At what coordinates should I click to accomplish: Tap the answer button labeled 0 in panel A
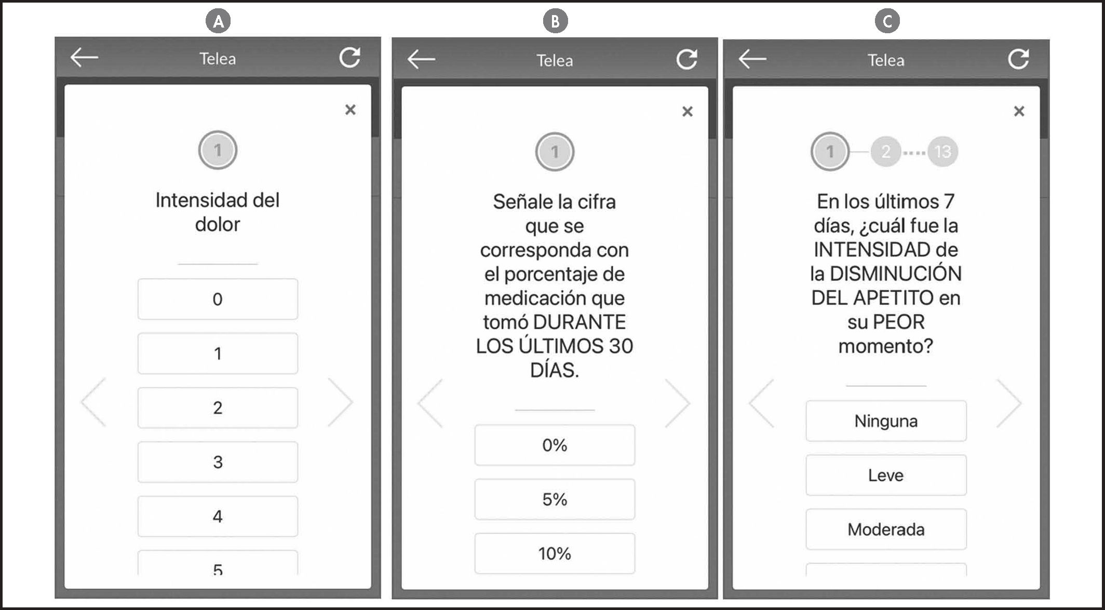pos(218,299)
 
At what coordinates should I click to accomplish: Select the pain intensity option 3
pos(218,462)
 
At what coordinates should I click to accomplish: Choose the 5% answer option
pos(555,499)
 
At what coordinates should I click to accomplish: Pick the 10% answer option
pos(555,553)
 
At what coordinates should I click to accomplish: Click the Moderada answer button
pos(886,530)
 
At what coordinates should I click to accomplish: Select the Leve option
pos(886,475)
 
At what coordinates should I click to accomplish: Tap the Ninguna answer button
pos(886,421)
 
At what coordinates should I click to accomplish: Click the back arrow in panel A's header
pos(84,58)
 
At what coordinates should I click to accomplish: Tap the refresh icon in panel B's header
pos(686,60)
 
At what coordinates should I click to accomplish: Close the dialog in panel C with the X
pos(1019,111)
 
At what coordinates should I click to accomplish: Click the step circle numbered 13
pos(942,152)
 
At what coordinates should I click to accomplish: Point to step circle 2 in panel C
pos(886,152)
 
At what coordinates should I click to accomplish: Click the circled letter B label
pos(555,21)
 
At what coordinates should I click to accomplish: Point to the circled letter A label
pos(218,21)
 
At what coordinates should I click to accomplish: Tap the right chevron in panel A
pos(341,402)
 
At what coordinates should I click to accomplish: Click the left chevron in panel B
pos(430,403)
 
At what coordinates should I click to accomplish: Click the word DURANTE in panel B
pos(580,322)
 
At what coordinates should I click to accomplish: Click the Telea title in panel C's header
pos(886,60)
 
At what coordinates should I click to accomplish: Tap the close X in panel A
pos(351,110)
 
